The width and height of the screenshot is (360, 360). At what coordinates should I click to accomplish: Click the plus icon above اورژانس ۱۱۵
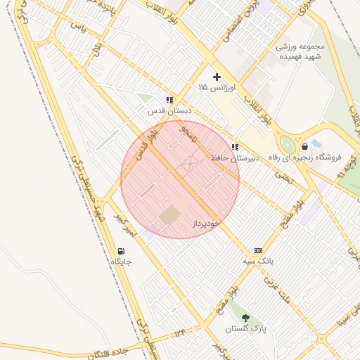click(x=217, y=76)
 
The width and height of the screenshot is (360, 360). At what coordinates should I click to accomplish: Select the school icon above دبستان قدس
click(x=169, y=101)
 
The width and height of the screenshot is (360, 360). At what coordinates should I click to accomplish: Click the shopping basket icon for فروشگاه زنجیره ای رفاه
click(x=304, y=146)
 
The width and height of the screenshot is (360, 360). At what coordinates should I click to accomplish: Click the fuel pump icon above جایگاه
click(x=122, y=250)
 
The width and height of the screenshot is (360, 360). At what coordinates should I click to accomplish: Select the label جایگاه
click(x=121, y=262)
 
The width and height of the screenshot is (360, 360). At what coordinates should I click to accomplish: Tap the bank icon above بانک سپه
click(x=258, y=250)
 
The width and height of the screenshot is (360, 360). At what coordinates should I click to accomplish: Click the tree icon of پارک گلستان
click(x=244, y=318)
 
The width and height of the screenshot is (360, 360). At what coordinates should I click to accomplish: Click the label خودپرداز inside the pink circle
click(x=206, y=222)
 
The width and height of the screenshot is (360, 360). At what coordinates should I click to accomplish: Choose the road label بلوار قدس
click(x=146, y=146)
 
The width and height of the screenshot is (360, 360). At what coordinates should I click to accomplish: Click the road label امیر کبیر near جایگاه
click(x=132, y=223)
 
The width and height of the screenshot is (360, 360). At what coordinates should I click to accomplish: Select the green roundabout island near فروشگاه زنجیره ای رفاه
click(x=287, y=143)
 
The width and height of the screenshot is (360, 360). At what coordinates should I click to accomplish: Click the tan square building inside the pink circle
click(x=169, y=215)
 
